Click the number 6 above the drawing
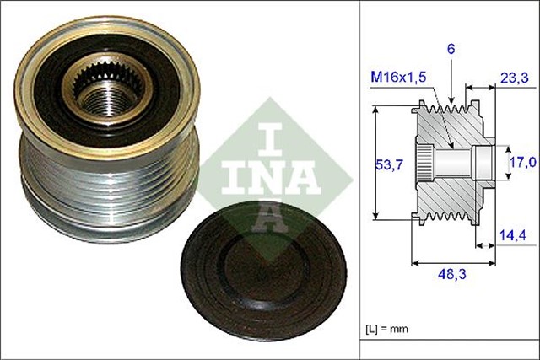click(451, 51)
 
